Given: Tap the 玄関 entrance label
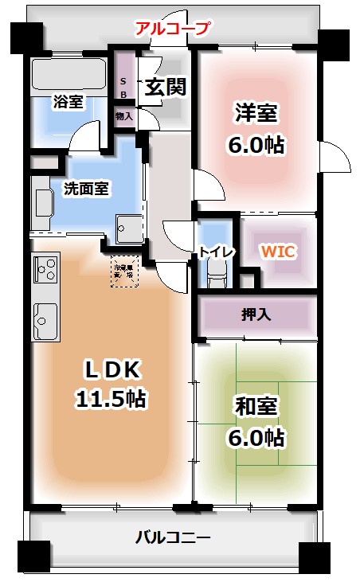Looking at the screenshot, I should point(165,87).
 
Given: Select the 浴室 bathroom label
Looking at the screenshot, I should point(68,101).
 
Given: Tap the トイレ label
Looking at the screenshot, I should point(216,252).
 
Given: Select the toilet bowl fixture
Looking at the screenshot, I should point(217,275).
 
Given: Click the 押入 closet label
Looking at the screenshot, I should point(256,314).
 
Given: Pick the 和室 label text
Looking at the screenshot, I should point(256,406).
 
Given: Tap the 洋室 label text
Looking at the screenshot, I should point(256,113).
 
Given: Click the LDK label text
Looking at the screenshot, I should point(112,369).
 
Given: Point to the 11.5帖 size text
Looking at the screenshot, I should point(112,398).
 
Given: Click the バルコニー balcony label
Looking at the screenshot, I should point(173,537).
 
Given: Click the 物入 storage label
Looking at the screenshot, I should point(123,116).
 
